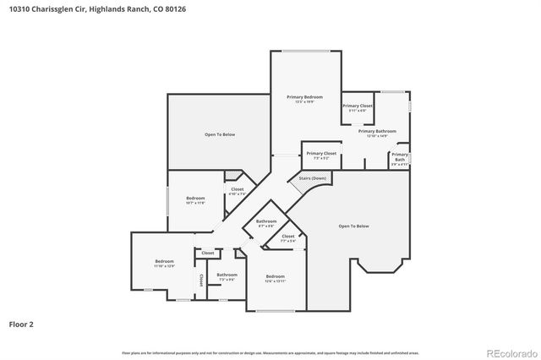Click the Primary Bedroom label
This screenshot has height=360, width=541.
304,99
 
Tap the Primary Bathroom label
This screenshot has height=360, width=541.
377,133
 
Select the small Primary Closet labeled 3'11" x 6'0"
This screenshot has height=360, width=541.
358,107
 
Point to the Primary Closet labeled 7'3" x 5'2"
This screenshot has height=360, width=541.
321,155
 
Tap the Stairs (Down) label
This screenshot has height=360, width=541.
312,178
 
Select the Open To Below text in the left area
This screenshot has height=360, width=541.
219,134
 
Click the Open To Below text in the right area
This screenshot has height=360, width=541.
354,226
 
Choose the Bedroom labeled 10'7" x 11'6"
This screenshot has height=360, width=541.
195,199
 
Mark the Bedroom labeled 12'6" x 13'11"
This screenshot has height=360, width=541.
276,279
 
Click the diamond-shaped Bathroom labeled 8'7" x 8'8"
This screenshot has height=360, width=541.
266,222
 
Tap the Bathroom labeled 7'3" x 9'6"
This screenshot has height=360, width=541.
227,276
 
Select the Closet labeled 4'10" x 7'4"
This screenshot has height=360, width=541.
238,191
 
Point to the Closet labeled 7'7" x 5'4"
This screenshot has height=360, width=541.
288,237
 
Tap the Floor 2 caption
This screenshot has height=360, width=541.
21,323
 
